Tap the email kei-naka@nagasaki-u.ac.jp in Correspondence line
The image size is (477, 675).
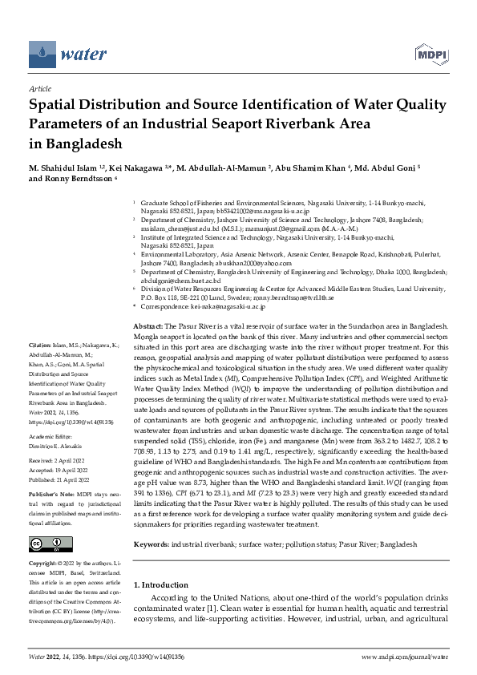217,329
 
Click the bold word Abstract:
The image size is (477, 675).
148,350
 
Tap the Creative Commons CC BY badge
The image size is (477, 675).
46,544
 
